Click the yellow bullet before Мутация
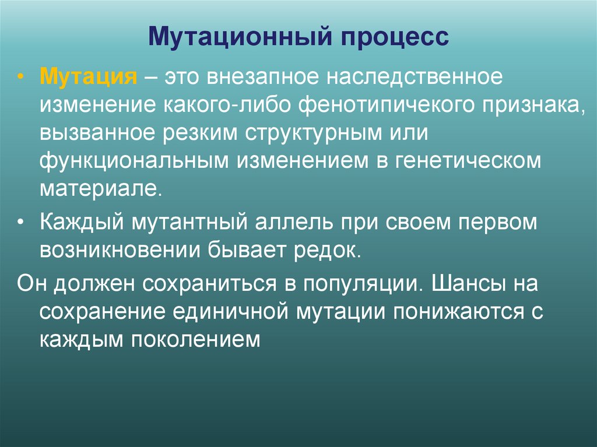(x=22, y=78)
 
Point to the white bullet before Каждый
(x=22, y=224)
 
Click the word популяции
(x=360, y=284)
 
